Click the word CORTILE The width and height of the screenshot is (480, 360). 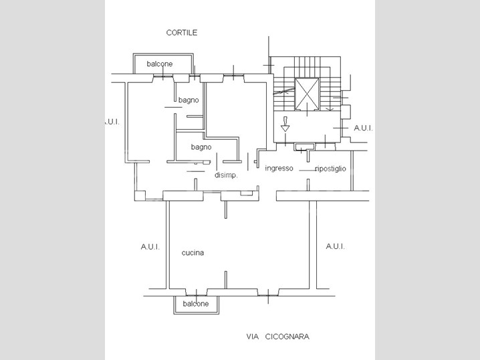click(x=182, y=32)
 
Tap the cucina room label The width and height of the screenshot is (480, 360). click(x=193, y=253)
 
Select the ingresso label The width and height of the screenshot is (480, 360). click(x=279, y=168)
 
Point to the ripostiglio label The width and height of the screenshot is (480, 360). click(x=330, y=169)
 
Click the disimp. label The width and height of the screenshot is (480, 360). click(x=226, y=176)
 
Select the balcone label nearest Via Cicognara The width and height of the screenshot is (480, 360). click(x=195, y=304)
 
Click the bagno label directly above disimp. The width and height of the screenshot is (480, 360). click(x=201, y=147)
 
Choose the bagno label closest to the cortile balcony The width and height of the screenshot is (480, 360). click(x=189, y=100)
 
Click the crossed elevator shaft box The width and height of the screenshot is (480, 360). click(x=308, y=94)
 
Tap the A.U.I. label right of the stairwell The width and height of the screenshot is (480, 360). click(x=363, y=128)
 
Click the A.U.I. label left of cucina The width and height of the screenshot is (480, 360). click(x=150, y=247)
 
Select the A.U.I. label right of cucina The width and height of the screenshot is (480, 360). click(x=335, y=247)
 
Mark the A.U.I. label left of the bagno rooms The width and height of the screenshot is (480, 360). click(x=111, y=122)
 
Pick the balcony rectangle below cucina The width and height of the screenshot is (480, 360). click(x=195, y=304)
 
